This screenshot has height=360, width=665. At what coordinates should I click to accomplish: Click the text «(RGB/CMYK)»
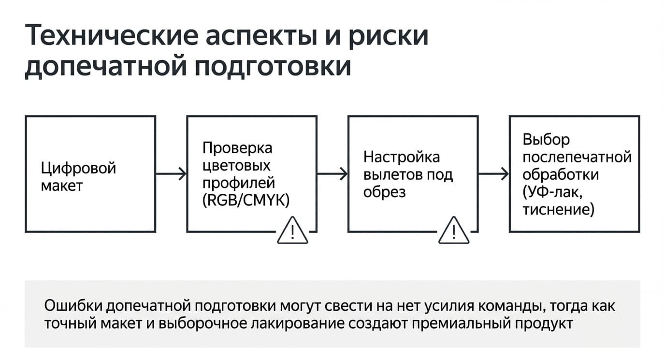(x=246, y=201)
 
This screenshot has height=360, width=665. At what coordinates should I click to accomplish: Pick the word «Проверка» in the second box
(x=237, y=148)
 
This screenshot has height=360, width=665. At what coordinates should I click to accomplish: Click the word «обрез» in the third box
(x=385, y=192)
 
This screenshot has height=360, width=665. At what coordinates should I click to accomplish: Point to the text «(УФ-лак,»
(x=552, y=192)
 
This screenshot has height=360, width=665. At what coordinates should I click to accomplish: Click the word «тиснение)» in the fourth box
(x=558, y=210)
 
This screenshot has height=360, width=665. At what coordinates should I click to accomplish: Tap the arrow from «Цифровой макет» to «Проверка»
(x=171, y=173)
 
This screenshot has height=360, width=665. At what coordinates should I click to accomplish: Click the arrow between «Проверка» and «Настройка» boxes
(x=332, y=173)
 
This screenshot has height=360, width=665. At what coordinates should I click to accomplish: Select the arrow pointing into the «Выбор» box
(x=494, y=173)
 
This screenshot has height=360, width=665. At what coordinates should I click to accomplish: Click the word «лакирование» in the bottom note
(x=298, y=323)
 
